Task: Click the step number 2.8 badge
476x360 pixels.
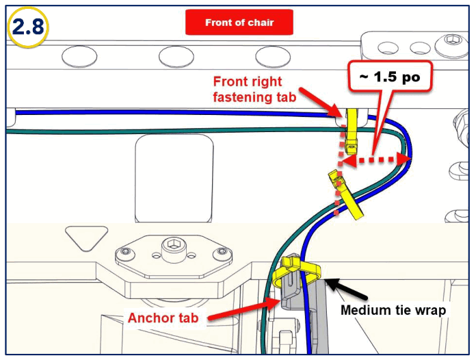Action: (26, 27)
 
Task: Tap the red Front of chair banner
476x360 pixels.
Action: (239, 23)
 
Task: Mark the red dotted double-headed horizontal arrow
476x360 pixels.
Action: (377, 160)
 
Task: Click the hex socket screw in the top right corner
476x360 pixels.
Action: (451, 47)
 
